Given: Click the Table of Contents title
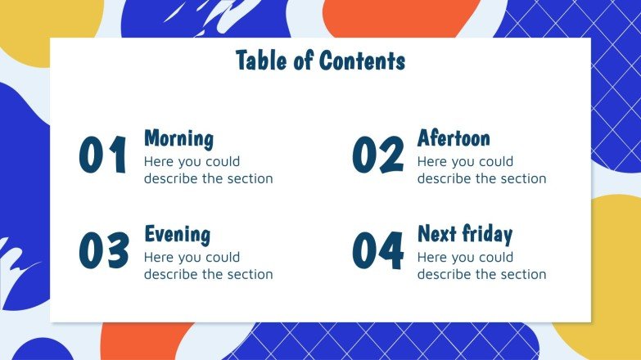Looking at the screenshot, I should point(320,61).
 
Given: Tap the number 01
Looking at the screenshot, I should point(104,155).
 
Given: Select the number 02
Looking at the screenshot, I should point(377,155).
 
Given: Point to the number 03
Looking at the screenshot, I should point(104,250).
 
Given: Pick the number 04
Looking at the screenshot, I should point(377,250).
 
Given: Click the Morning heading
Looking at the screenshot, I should point(178,138).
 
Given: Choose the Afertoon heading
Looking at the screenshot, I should point(454,137).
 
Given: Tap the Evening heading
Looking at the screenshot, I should point(177,234).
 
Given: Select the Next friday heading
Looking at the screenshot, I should point(464,234).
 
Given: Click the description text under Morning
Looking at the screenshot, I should point(208,170).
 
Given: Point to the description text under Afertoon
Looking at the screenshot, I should point(481,170).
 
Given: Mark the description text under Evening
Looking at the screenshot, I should point(208,266).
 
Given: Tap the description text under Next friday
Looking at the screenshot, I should point(481,266).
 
